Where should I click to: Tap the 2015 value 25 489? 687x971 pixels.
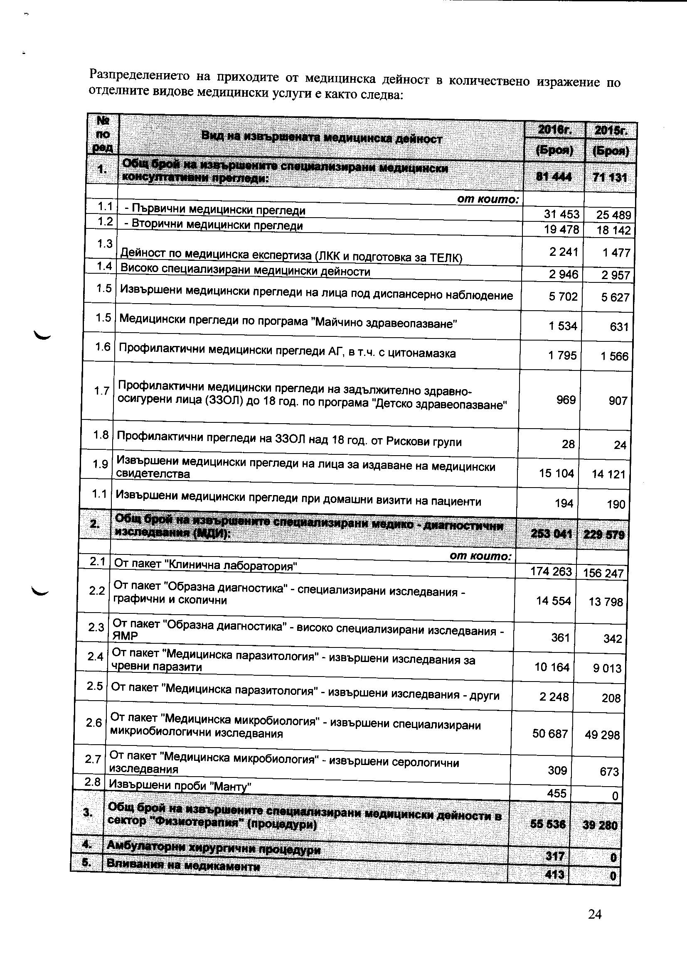[x=613, y=215]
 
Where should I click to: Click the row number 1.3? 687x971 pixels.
[x=104, y=244]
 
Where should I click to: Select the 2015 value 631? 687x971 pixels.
[x=619, y=326]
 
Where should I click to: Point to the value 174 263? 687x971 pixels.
[x=551, y=571]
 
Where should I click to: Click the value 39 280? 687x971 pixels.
[x=600, y=825]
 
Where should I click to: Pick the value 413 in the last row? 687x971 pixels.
[x=555, y=874]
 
